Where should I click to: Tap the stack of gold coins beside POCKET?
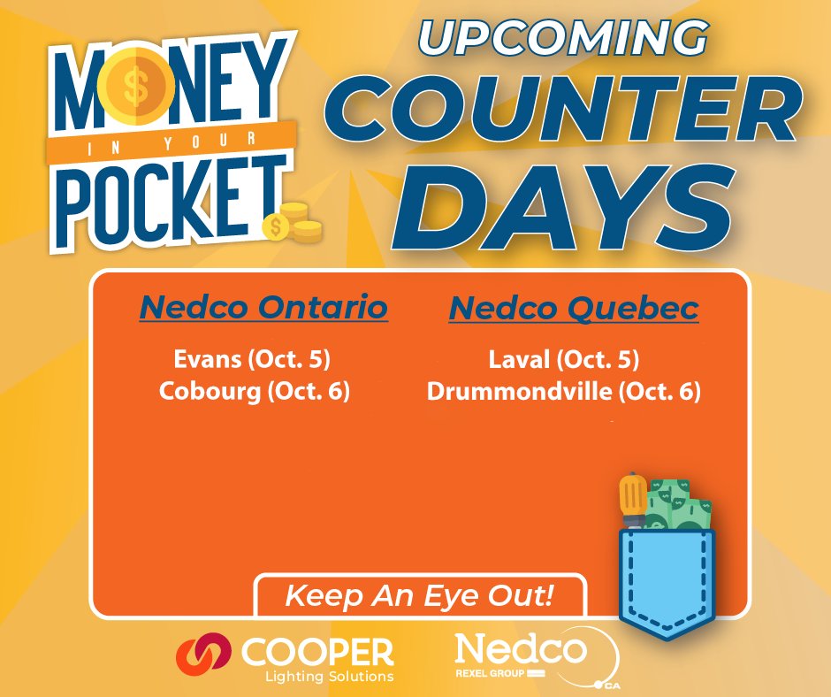(296, 223)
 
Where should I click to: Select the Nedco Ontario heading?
(263, 309)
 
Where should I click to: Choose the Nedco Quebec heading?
(574, 309)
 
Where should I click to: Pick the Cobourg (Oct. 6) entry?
(255, 391)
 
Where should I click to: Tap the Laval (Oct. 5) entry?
(563, 360)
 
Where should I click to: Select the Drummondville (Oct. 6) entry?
(563, 391)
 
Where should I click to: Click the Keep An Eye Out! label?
(419, 595)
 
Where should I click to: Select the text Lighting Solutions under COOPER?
(328, 677)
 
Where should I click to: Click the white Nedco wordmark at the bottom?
(520, 651)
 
